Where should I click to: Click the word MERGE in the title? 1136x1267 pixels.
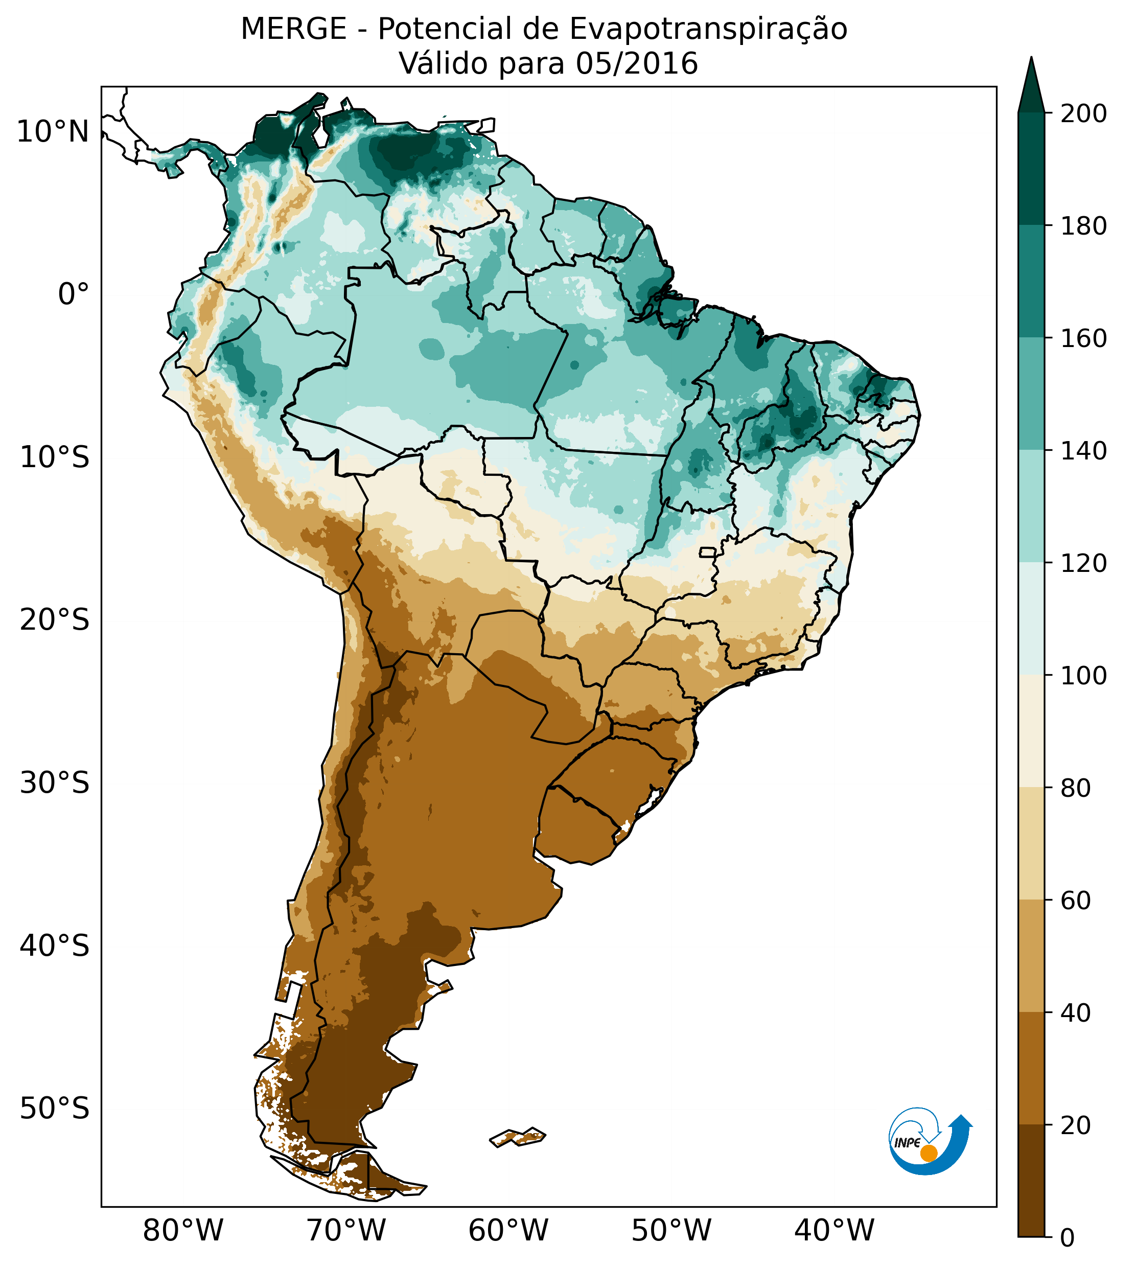pyautogui.click(x=293, y=29)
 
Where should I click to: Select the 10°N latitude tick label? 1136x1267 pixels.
pyautogui.click(x=53, y=132)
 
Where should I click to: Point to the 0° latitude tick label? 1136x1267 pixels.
pyautogui.click(x=74, y=294)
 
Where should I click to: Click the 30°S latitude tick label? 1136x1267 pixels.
pyautogui.click(x=55, y=784)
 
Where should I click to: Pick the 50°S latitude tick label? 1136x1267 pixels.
pyautogui.click(x=55, y=1109)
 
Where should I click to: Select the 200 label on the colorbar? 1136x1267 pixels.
pyautogui.click(x=1083, y=114)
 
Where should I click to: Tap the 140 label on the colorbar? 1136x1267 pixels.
pyautogui.click(x=1083, y=451)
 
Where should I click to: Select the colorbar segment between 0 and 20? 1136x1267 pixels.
pyautogui.click(x=1031, y=1181)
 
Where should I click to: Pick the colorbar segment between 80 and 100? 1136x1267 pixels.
pyautogui.click(x=1031, y=731)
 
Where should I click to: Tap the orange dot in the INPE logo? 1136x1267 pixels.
pyautogui.click(x=929, y=1153)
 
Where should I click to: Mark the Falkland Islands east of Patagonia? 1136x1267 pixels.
pyautogui.click(x=518, y=1137)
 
